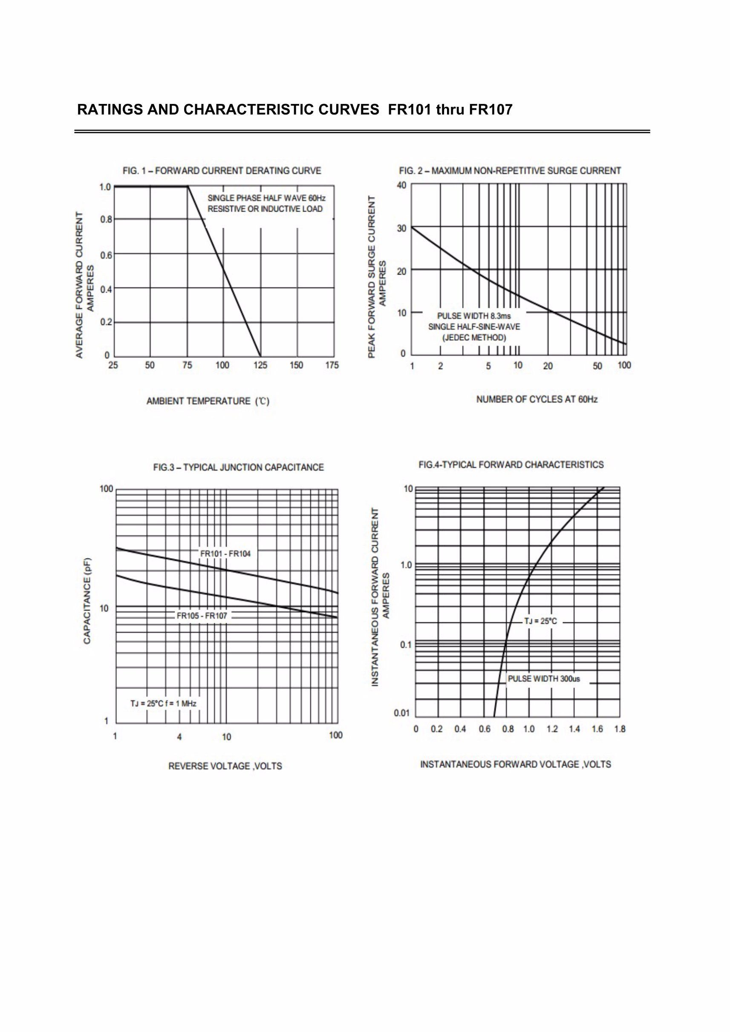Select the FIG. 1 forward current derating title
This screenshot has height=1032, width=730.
[x=222, y=171]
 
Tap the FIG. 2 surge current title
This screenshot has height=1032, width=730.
[x=510, y=171]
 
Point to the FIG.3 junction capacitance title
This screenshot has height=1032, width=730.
[x=238, y=467]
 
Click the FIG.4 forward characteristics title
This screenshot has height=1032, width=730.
[x=511, y=464]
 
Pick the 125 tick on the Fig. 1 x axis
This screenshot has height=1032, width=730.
[x=260, y=365]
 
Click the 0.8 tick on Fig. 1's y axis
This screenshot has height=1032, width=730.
[x=105, y=219]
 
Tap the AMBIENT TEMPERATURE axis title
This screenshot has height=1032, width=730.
[x=208, y=401]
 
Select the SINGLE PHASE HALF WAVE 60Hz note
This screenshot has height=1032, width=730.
[x=266, y=198]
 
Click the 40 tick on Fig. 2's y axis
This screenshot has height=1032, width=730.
[x=401, y=185]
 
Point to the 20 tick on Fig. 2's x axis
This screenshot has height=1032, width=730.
[x=548, y=366]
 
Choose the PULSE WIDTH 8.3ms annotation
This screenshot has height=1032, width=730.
[x=474, y=316]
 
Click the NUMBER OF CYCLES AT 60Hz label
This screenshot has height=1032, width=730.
[x=537, y=399]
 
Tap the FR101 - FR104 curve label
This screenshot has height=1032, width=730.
[x=225, y=554]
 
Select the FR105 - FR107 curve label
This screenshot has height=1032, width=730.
[x=202, y=615]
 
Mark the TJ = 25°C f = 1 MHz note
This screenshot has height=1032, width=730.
[x=163, y=703]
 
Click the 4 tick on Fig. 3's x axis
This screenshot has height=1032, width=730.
[x=179, y=737]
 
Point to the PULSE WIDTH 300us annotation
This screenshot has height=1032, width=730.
[x=544, y=679]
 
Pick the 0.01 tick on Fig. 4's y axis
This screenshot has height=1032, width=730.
[x=402, y=713]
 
